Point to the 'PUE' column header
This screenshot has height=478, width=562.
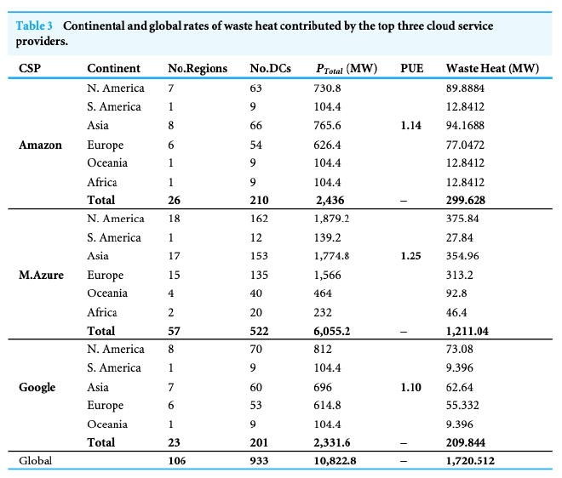click(x=411, y=68)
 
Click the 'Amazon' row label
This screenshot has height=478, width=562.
click(x=40, y=145)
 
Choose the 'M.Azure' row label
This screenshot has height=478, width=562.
click(x=41, y=275)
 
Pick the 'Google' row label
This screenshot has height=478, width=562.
click(x=37, y=387)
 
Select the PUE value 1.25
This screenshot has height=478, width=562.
click(x=410, y=256)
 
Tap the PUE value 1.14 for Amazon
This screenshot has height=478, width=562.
click(x=410, y=126)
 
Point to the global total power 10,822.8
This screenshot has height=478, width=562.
click(x=336, y=460)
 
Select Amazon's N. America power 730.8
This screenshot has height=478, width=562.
click(x=329, y=88)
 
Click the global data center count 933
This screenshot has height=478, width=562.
click(x=259, y=460)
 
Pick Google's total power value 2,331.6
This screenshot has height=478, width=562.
click(x=332, y=442)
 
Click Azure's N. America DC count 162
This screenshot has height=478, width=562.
click(x=259, y=219)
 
